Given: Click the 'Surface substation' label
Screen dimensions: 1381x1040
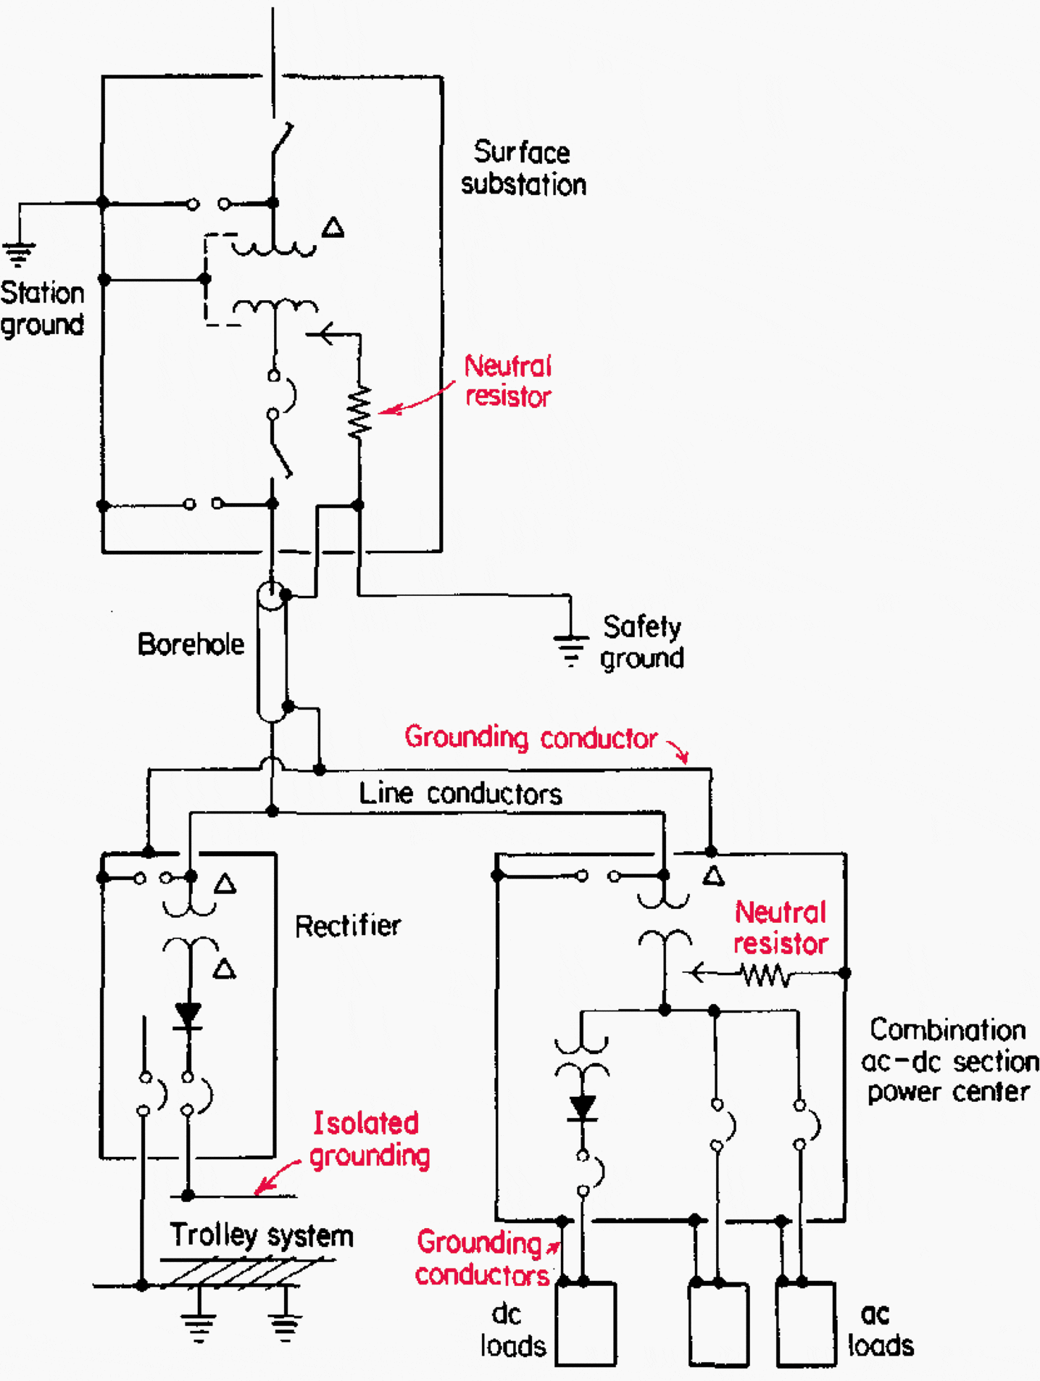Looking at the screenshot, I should point(523,168).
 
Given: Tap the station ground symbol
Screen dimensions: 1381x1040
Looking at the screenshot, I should point(19,254).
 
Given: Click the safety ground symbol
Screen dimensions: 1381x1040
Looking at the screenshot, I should point(570,649).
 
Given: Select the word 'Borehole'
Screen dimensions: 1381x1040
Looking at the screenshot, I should point(191,644).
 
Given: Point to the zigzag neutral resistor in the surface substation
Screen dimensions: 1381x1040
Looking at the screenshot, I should point(359,412).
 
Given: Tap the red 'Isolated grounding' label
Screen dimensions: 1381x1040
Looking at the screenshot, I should point(369,1138).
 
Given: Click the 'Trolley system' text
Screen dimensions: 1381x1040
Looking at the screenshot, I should point(261,1235).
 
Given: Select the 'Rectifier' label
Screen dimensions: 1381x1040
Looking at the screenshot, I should point(347,926).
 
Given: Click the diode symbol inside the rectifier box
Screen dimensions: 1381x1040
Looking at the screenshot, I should point(188,1014).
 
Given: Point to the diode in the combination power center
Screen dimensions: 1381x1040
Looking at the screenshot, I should point(582,1108).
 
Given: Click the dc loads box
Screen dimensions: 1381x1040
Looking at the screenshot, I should point(586,1324).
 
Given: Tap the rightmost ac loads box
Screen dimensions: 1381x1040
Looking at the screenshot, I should point(806,1324).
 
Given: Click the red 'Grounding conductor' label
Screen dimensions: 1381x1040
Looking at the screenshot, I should point(531,737).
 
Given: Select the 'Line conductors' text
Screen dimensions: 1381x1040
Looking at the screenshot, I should point(460,793).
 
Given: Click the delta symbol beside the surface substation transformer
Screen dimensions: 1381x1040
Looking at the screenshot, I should point(333,228).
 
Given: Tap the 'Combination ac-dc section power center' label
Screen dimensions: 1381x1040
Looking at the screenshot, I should point(949,1060).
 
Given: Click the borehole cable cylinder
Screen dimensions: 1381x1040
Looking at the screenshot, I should point(272,652).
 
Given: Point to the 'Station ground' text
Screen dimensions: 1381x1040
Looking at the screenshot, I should point(42,308).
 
